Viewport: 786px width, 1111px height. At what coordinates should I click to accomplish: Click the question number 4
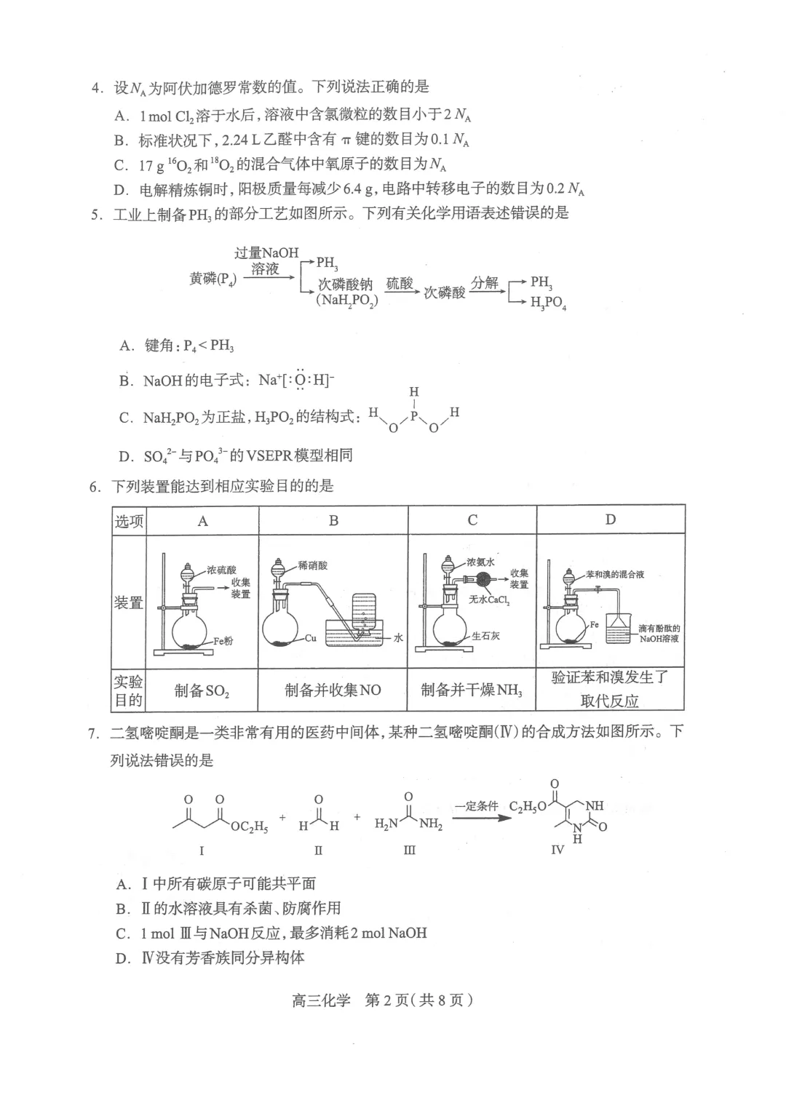coord(95,88)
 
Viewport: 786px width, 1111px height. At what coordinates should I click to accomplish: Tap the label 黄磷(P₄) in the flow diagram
coord(213,279)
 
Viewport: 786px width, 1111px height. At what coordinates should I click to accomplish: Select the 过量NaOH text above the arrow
coord(266,252)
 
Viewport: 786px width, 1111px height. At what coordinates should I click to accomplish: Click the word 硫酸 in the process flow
coord(400,283)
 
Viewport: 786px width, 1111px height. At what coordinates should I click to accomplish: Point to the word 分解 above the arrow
coord(484,282)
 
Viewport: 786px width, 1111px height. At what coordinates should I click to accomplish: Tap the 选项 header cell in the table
coord(129,521)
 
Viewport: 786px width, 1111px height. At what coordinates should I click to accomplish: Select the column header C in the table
coord(472,520)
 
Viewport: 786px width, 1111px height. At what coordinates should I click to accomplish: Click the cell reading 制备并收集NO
coord(333,690)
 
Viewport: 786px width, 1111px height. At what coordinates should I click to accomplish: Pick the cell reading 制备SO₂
coord(202,690)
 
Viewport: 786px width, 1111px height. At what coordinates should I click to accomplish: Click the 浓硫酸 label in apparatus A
coord(221,570)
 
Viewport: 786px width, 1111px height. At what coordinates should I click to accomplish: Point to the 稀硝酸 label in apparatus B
coord(313,565)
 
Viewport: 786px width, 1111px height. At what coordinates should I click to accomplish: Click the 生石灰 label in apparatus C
coord(485,635)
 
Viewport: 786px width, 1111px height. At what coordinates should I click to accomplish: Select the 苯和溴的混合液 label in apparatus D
coord(615,574)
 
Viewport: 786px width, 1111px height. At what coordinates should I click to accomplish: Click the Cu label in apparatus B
coord(311,638)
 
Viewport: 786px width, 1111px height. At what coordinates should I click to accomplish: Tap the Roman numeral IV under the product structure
coord(557,850)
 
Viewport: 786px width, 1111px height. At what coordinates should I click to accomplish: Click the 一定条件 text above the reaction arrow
coord(477,806)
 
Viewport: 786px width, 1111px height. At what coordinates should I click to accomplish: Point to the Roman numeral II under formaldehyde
coord(318,851)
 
